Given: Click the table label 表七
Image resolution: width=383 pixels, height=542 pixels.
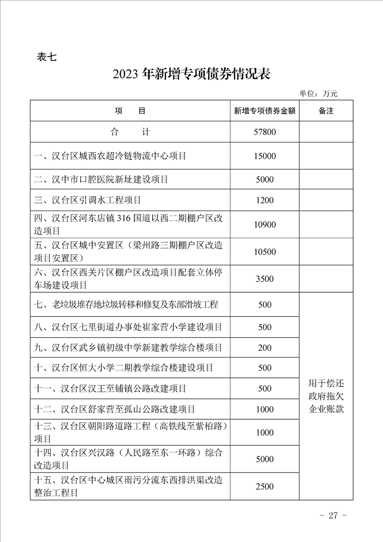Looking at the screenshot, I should pyautogui.click(x=47, y=57).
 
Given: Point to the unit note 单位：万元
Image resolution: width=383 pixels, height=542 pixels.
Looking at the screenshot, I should pyautogui.click(x=318, y=94).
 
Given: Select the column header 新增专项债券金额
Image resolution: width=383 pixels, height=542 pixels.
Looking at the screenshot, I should pyautogui.click(x=265, y=111).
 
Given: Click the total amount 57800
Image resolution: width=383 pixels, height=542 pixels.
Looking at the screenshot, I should pyautogui.click(x=265, y=131).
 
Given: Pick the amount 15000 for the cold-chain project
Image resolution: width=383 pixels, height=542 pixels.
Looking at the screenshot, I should pyautogui.click(x=265, y=156).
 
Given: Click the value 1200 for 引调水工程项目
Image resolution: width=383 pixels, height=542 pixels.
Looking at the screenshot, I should pyautogui.click(x=265, y=200).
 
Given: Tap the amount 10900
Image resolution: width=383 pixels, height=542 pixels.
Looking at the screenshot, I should pyautogui.click(x=265, y=225).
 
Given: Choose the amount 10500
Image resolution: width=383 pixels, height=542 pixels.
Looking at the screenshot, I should pyautogui.click(x=265, y=252).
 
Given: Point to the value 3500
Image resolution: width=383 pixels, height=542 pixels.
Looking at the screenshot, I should pyautogui.click(x=265, y=279).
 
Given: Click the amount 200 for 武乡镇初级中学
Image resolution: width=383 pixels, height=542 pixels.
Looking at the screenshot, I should pyautogui.click(x=265, y=347).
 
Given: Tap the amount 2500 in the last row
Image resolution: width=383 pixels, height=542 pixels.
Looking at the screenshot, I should pyautogui.click(x=265, y=486).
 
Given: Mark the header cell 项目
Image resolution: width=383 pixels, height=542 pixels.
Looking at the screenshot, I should pyautogui.click(x=130, y=111).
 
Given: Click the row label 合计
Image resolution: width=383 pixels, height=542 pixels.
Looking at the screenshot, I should pyautogui.click(x=130, y=131).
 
